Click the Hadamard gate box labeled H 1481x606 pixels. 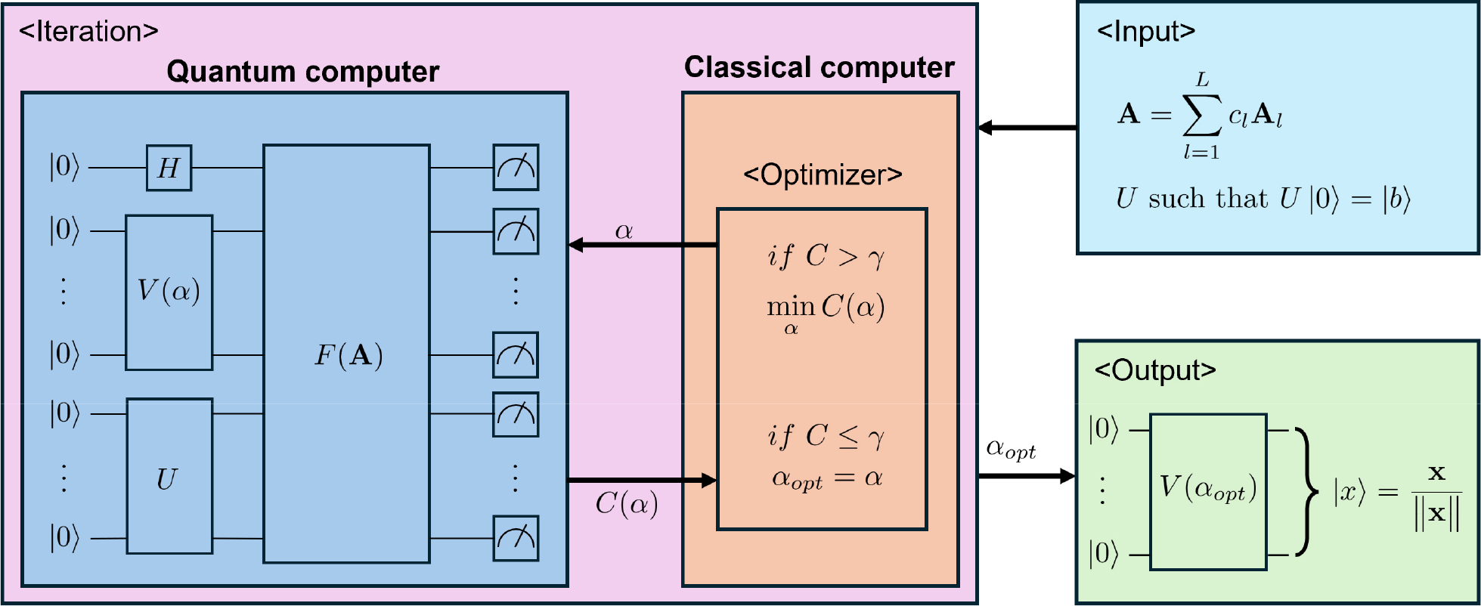pyautogui.click(x=169, y=168)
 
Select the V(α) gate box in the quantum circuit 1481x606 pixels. pyautogui.click(x=169, y=292)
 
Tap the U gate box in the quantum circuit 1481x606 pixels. pyautogui.click(x=169, y=477)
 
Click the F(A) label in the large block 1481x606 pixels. pyautogui.click(x=348, y=355)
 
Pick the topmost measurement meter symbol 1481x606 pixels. pyautogui.click(x=516, y=168)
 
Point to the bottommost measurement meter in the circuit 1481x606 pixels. pyautogui.click(x=516, y=538)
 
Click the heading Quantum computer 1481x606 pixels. pyautogui.click(x=302, y=72)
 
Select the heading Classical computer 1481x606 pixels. pyautogui.click(x=819, y=68)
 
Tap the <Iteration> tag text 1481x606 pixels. pyautogui.click(x=88, y=32)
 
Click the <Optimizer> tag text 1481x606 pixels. pyautogui.click(x=823, y=175)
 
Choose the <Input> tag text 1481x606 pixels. pyautogui.click(x=1145, y=32)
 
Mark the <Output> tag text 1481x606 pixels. pyautogui.click(x=1154, y=370)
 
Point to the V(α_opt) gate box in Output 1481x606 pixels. pyautogui.click(x=1207, y=491)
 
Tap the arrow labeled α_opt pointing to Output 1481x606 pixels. pyautogui.click(x=1027, y=476)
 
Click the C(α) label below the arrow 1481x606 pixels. pyautogui.click(x=627, y=504)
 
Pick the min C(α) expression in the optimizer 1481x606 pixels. pyautogui.click(x=825, y=309)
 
